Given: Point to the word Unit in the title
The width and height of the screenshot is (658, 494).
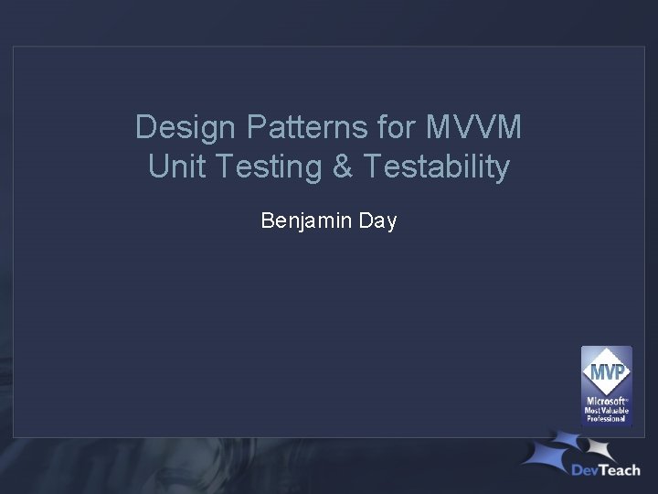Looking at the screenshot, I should [x=171, y=167].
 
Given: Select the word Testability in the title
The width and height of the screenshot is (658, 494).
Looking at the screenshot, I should [x=436, y=167].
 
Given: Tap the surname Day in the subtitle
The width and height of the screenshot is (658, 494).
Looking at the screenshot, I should [x=377, y=220].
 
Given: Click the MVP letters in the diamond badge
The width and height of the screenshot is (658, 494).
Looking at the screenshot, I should [x=606, y=373].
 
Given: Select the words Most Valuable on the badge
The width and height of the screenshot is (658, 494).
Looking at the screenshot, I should [x=606, y=410].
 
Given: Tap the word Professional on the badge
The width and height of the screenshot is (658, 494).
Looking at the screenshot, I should [x=606, y=418].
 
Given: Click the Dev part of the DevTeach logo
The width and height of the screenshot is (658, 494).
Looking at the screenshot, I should [x=588, y=470].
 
